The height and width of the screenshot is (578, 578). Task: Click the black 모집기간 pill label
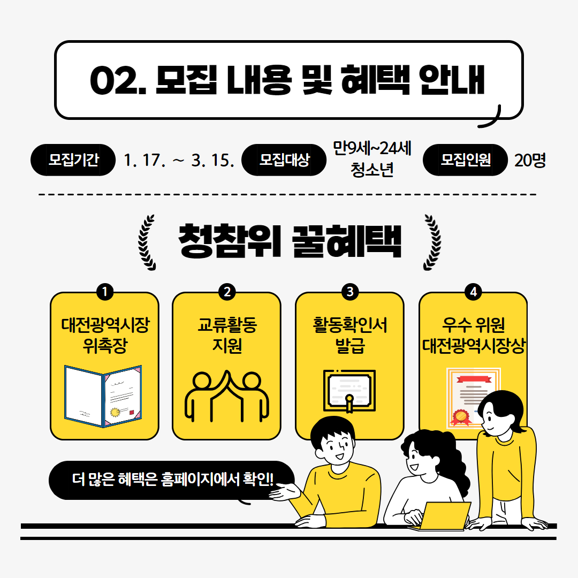pyautogui.click(x=73, y=160)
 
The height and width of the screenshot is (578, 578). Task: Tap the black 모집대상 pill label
pyautogui.click(x=284, y=160)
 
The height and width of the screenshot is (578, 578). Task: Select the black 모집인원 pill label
pyautogui.click(x=465, y=160)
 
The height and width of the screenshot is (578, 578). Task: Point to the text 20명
pyautogui.click(x=530, y=161)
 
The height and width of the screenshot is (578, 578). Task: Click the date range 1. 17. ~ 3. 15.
pyautogui.click(x=179, y=161)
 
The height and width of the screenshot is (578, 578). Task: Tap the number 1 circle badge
pyautogui.click(x=105, y=292)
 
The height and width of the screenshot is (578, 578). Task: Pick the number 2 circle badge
pyautogui.click(x=227, y=292)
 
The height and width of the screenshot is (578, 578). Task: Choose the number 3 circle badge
pyautogui.click(x=350, y=292)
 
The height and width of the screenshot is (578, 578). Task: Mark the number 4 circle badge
pyautogui.click(x=473, y=292)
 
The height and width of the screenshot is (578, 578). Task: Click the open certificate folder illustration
pyautogui.click(x=103, y=396)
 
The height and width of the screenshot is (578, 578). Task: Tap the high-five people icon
pyautogui.click(x=227, y=396)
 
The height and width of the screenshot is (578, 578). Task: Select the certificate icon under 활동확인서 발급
pyautogui.click(x=349, y=391)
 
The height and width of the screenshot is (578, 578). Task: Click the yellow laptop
pyautogui.click(x=440, y=516)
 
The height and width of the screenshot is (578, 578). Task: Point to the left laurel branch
pyautogui.click(x=146, y=242)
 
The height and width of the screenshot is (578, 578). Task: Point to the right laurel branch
pyautogui.click(x=432, y=242)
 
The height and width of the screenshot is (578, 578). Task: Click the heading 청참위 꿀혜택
pyautogui.click(x=290, y=241)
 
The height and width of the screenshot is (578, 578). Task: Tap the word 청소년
pyautogui.click(x=372, y=170)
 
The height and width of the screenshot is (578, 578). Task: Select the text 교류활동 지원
pyautogui.click(x=227, y=335)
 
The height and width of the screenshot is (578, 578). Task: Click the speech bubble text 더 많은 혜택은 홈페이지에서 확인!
pyautogui.click(x=172, y=479)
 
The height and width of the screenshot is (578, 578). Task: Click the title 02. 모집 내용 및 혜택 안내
pyautogui.click(x=287, y=80)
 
